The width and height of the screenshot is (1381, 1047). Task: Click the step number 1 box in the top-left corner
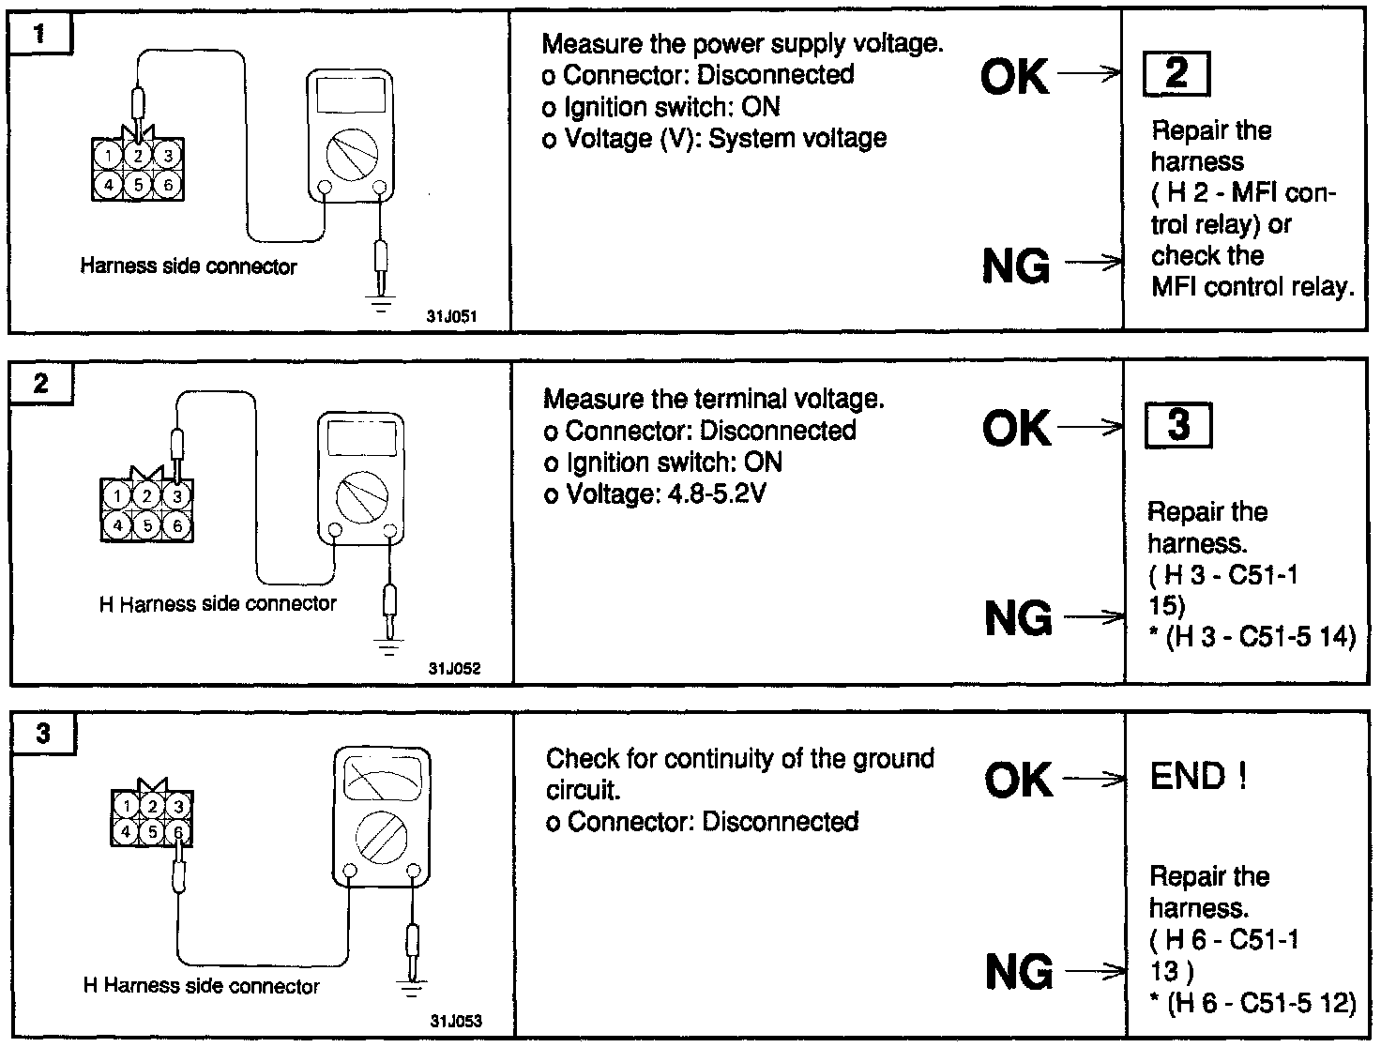coord(38,36)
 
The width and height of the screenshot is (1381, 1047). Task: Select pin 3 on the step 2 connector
coord(176,495)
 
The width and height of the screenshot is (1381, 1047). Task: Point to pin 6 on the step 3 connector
coord(178,830)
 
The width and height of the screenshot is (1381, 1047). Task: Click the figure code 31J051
coord(452,317)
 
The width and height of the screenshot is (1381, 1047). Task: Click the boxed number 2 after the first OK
coord(1176,74)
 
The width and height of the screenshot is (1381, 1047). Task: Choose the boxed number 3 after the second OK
coord(1178,425)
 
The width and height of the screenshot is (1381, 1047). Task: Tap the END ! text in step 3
coord(1198,777)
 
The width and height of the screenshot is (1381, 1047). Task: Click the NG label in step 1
coord(1016,267)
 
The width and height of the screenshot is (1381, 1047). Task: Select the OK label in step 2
coord(1017,430)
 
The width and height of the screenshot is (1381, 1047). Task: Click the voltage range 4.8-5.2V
coord(714,493)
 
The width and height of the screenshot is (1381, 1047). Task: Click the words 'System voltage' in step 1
coord(797,139)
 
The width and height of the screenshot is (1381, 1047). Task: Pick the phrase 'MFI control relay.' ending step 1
coord(1252,287)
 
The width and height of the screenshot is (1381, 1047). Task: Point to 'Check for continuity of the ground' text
coord(739,758)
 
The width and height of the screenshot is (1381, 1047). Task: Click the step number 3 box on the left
coord(43,733)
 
